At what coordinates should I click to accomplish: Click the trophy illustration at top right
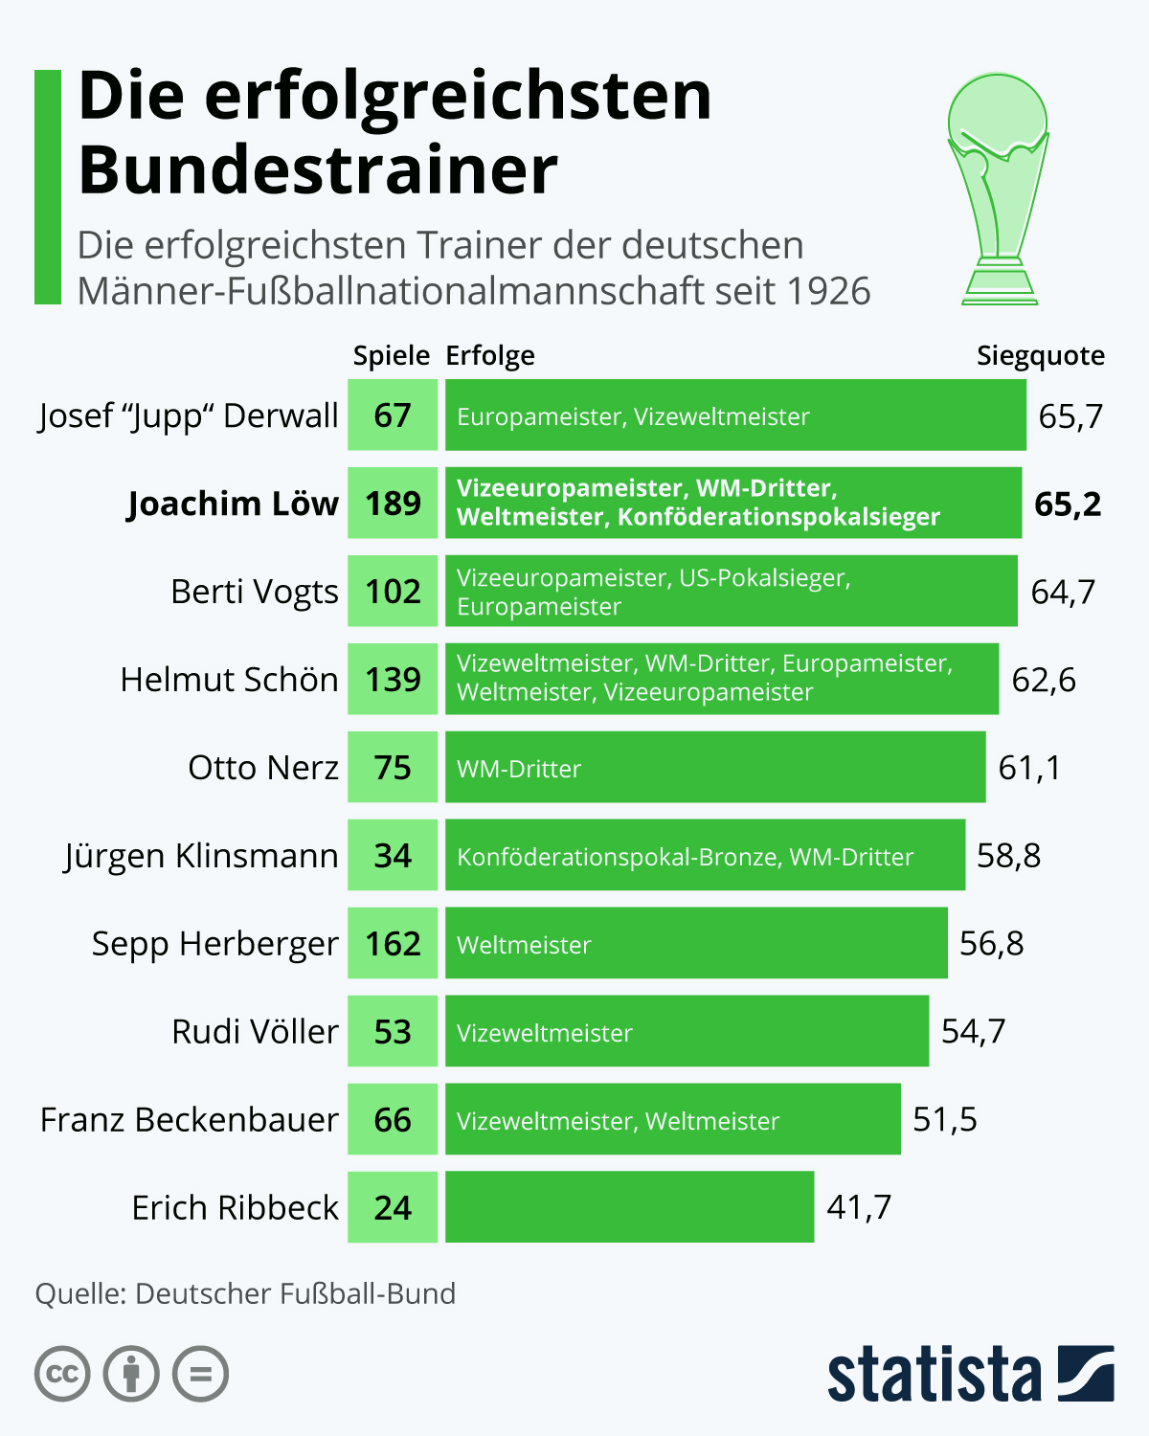click(x=999, y=189)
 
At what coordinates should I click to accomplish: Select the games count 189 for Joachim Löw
click(x=393, y=504)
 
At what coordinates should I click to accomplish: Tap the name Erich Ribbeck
click(x=236, y=1208)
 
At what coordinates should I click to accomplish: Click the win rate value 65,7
click(x=1070, y=416)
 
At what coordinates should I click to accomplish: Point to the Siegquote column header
click(x=1040, y=356)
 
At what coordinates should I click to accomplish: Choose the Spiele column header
click(x=391, y=356)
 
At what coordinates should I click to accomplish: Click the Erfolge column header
click(x=490, y=356)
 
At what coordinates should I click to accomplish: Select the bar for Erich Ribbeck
click(x=629, y=1207)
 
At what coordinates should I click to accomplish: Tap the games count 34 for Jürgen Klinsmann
click(x=393, y=856)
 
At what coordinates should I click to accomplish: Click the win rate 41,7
click(x=859, y=1208)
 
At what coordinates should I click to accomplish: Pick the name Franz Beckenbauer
click(x=190, y=1120)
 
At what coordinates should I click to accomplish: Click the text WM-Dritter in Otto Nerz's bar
click(x=519, y=769)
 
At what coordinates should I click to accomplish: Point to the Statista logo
click(x=970, y=1375)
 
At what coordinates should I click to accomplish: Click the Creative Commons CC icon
click(x=62, y=1375)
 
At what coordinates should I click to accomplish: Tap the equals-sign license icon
click(x=200, y=1375)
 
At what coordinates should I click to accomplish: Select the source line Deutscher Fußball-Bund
click(x=245, y=1294)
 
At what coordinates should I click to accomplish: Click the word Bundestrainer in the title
click(x=318, y=170)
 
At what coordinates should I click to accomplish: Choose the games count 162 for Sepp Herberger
click(x=393, y=944)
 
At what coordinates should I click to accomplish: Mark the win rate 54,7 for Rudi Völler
click(x=973, y=1032)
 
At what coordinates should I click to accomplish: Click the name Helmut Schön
click(x=229, y=680)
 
